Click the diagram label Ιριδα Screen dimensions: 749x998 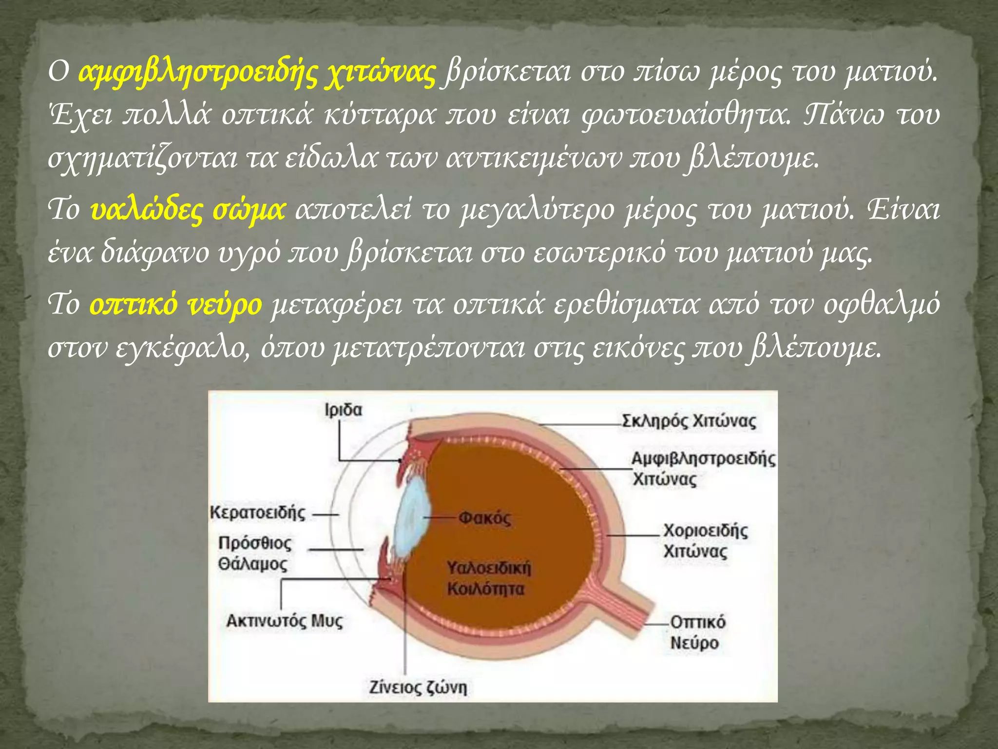(344, 410)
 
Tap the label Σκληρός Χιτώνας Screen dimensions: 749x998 (689, 421)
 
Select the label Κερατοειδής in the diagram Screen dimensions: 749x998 (258, 513)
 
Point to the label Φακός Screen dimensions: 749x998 (484, 518)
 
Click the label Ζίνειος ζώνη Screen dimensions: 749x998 (418, 688)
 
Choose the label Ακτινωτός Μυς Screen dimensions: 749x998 (285, 621)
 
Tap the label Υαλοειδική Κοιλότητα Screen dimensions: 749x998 (488, 579)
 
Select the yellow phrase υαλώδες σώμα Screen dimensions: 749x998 (188, 210)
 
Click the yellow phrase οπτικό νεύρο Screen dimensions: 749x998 (176, 304)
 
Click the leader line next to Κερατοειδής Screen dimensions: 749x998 (325, 514)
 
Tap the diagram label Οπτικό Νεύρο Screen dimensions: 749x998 (697, 632)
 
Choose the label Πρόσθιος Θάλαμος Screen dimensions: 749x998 (254, 553)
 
